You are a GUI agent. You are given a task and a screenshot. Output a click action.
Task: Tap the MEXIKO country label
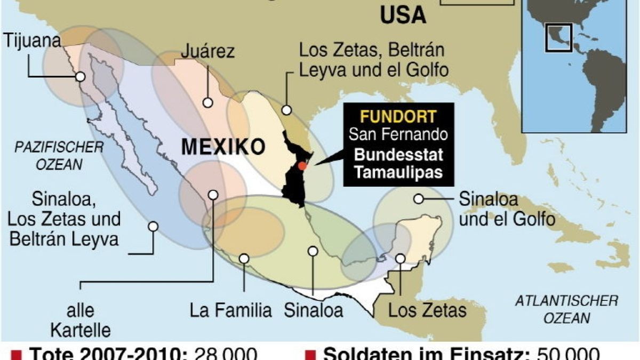pyautogui.click(x=223, y=147)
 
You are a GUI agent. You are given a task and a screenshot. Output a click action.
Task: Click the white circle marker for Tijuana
pyautogui.click(x=81, y=76)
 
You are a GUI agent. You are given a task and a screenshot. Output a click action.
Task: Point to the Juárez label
pyautogui.click(x=207, y=52)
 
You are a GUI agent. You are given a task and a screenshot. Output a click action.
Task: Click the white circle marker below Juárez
pyautogui.click(x=207, y=102)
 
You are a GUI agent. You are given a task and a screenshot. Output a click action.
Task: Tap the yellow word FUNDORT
pyautogui.click(x=398, y=116)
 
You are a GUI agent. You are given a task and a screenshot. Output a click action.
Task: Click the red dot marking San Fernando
pyautogui.click(x=302, y=166)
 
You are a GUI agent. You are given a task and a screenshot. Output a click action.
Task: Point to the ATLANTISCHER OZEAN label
pyautogui.click(x=567, y=310)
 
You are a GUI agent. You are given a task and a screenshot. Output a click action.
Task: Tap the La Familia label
pyautogui.click(x=231, y=310)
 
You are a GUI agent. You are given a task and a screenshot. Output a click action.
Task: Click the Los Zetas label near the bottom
pyautogui.click(x=427, y=310)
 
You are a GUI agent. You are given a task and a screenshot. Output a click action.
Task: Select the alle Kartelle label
pyautogui.click(x=81, y=320)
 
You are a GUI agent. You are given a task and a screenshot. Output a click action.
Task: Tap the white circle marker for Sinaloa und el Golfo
pyautogui.click(x=419, y=199)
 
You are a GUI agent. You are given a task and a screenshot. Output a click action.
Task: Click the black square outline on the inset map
pyautogui.click(x=558, y=37)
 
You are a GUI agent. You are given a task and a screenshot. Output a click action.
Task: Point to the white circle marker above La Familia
pyautogui.click(x=244, y=259)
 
